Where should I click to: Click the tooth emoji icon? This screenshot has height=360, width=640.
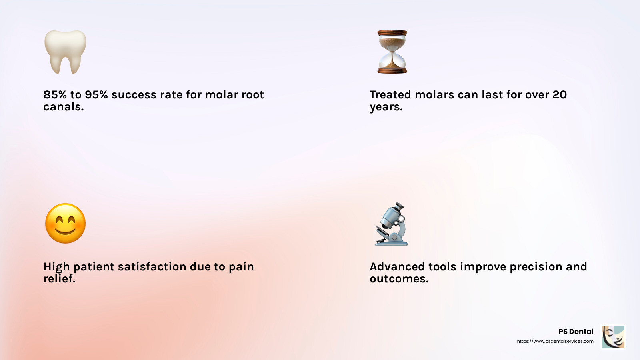coord(65,52)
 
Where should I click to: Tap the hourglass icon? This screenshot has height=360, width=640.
coord(392,52)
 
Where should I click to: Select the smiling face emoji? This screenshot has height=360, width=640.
coord(65,223)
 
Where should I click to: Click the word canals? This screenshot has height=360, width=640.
coord(63,107)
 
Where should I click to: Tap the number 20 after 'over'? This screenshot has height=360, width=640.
coord(560,95)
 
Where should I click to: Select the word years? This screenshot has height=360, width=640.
coord(386,107)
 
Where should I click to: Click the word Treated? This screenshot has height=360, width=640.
coord(390,95)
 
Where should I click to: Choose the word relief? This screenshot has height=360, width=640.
coord(59,279)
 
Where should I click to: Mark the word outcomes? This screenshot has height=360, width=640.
coord(399,279)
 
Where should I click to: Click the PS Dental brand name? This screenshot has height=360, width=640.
coord(576,332)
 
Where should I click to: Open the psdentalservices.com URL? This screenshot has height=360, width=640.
coord(555,341)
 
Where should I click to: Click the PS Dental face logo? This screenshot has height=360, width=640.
coord(613,336)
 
